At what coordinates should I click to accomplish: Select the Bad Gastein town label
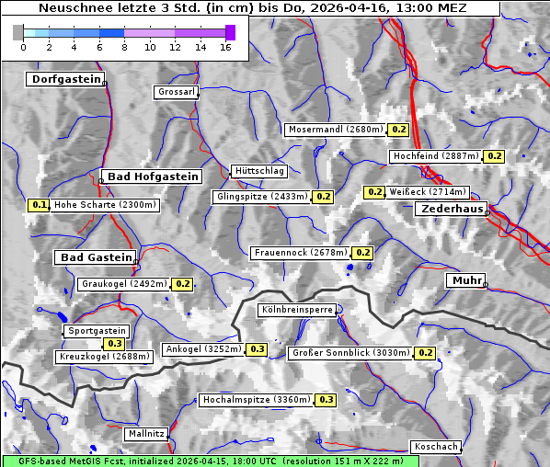pos(97,256)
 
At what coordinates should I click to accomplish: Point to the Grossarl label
pos(176,92)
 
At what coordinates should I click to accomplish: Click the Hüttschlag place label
pos(259,170)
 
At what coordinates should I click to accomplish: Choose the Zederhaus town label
pos(452,209)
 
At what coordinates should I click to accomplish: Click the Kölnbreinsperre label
pos(298,311)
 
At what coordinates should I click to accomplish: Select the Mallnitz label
pos(145,433)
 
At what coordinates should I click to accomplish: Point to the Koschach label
pos(435,446)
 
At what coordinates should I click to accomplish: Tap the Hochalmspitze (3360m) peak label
pos(257,400)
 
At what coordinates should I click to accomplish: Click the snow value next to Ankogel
pos(257,349)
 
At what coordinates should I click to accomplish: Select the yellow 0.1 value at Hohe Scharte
pos(39,205)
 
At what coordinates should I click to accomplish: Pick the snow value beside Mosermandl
pos(398,130)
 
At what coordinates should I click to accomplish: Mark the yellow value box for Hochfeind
pos(495,156)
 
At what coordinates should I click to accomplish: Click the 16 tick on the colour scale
pos(226,46)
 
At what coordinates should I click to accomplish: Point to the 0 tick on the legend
pos(23,46)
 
